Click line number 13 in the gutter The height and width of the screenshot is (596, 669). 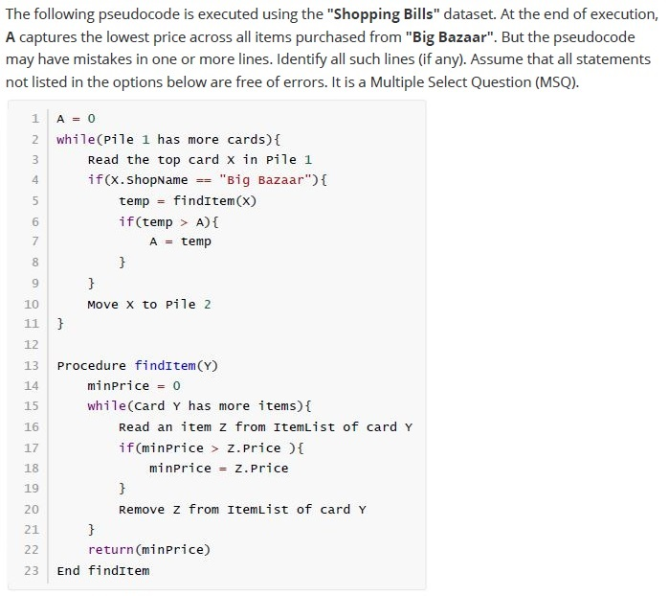click(x=32, y=366)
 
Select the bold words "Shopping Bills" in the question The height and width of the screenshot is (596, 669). click(x=383, y=14)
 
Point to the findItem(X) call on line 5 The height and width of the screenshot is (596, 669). click(x=215, y=201)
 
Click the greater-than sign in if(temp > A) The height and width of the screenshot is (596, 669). click(x=184, y=221)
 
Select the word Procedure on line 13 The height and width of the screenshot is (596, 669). click(x=91, y=366)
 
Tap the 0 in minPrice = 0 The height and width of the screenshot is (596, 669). click(x=177, y=386)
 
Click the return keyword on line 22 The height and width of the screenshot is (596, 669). click(x=111, y=549)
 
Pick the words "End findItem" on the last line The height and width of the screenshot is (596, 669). click(x=103, y=570)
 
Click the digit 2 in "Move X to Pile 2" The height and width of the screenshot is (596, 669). click(x=208, y=304)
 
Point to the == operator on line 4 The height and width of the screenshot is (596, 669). click(x=204, y=180)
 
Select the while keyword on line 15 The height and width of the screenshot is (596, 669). click(x=106, y=405)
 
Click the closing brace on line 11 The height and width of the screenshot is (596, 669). click(x=60, y=324)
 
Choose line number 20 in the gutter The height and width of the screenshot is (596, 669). click(x=32, y=509)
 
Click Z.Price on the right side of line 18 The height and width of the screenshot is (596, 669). click(x=261, y=469)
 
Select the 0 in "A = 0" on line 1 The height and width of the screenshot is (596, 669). click(x=91, y=119)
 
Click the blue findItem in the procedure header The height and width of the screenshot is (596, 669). click(x=166, y=366)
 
